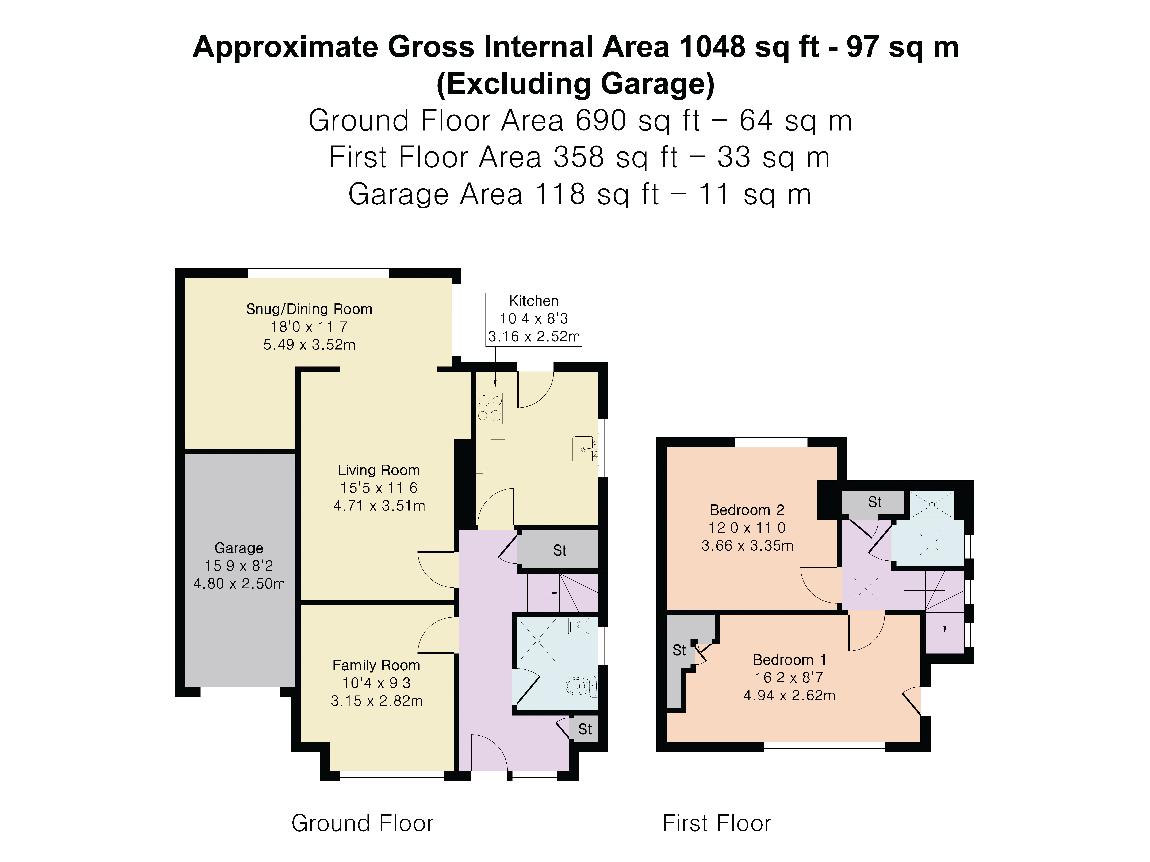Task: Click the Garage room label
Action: pos(239,548)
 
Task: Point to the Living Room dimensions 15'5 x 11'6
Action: pos(379,488)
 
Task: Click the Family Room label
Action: pos(376,666)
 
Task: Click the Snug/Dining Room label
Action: pos(309,309)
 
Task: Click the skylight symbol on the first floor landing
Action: pos(866,589)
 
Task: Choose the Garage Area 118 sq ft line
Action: pos(580,194)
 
